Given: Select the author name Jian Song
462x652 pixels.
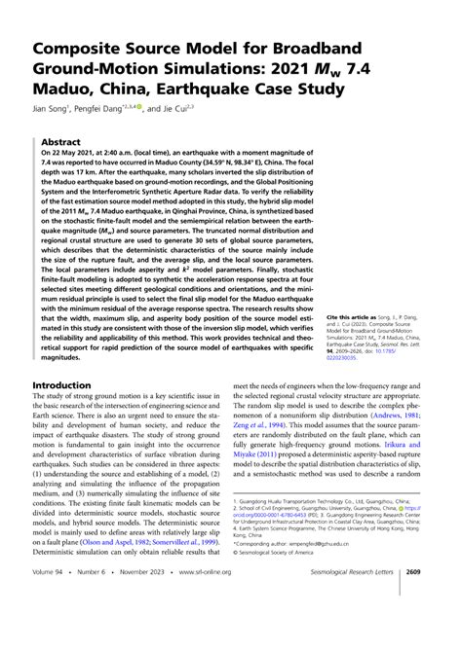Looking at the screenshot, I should click(x=55, y=112).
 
